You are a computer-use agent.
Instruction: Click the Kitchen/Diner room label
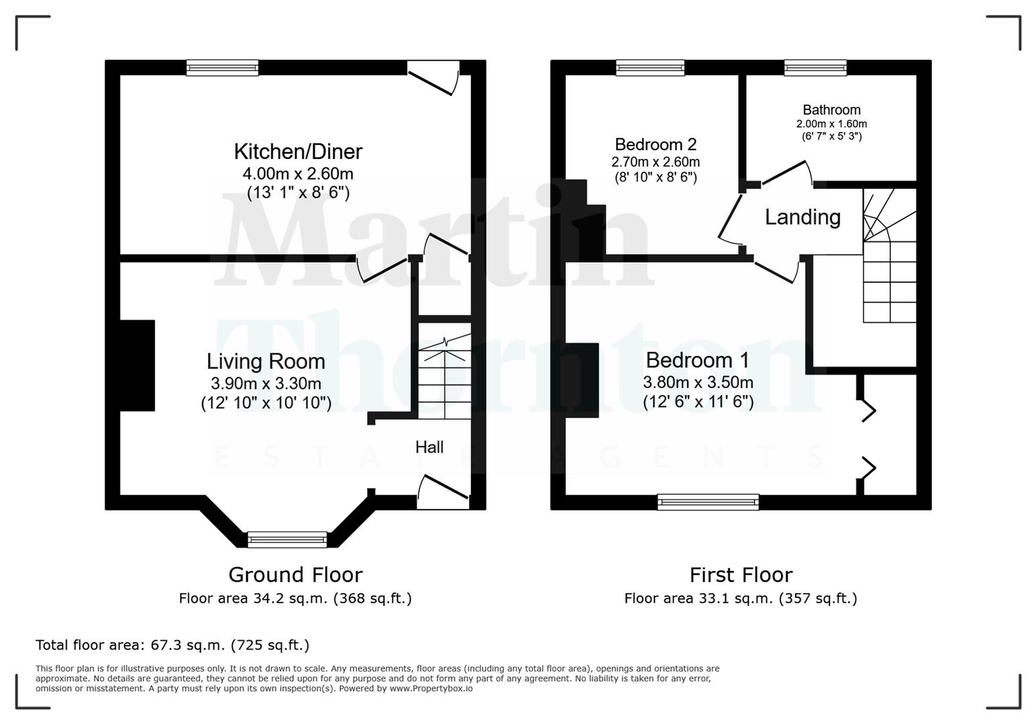298,152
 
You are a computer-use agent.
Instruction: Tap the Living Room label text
266,361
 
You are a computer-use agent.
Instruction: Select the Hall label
429,447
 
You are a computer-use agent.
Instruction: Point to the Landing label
802,217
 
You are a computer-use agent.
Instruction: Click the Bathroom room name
831,110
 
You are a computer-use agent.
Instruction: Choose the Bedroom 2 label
656,144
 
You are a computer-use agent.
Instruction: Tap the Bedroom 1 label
697,360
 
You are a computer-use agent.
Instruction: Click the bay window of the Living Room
287,539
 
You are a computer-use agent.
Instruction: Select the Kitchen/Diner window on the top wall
222,67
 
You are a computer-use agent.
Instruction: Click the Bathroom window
815,67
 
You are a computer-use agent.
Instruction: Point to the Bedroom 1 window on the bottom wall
708,502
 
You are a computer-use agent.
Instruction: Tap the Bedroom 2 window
650,67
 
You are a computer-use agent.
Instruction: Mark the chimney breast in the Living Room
138,365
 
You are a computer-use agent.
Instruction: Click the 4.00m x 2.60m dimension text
298,174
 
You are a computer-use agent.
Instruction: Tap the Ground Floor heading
295,575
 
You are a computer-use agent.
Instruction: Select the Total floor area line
172,645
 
